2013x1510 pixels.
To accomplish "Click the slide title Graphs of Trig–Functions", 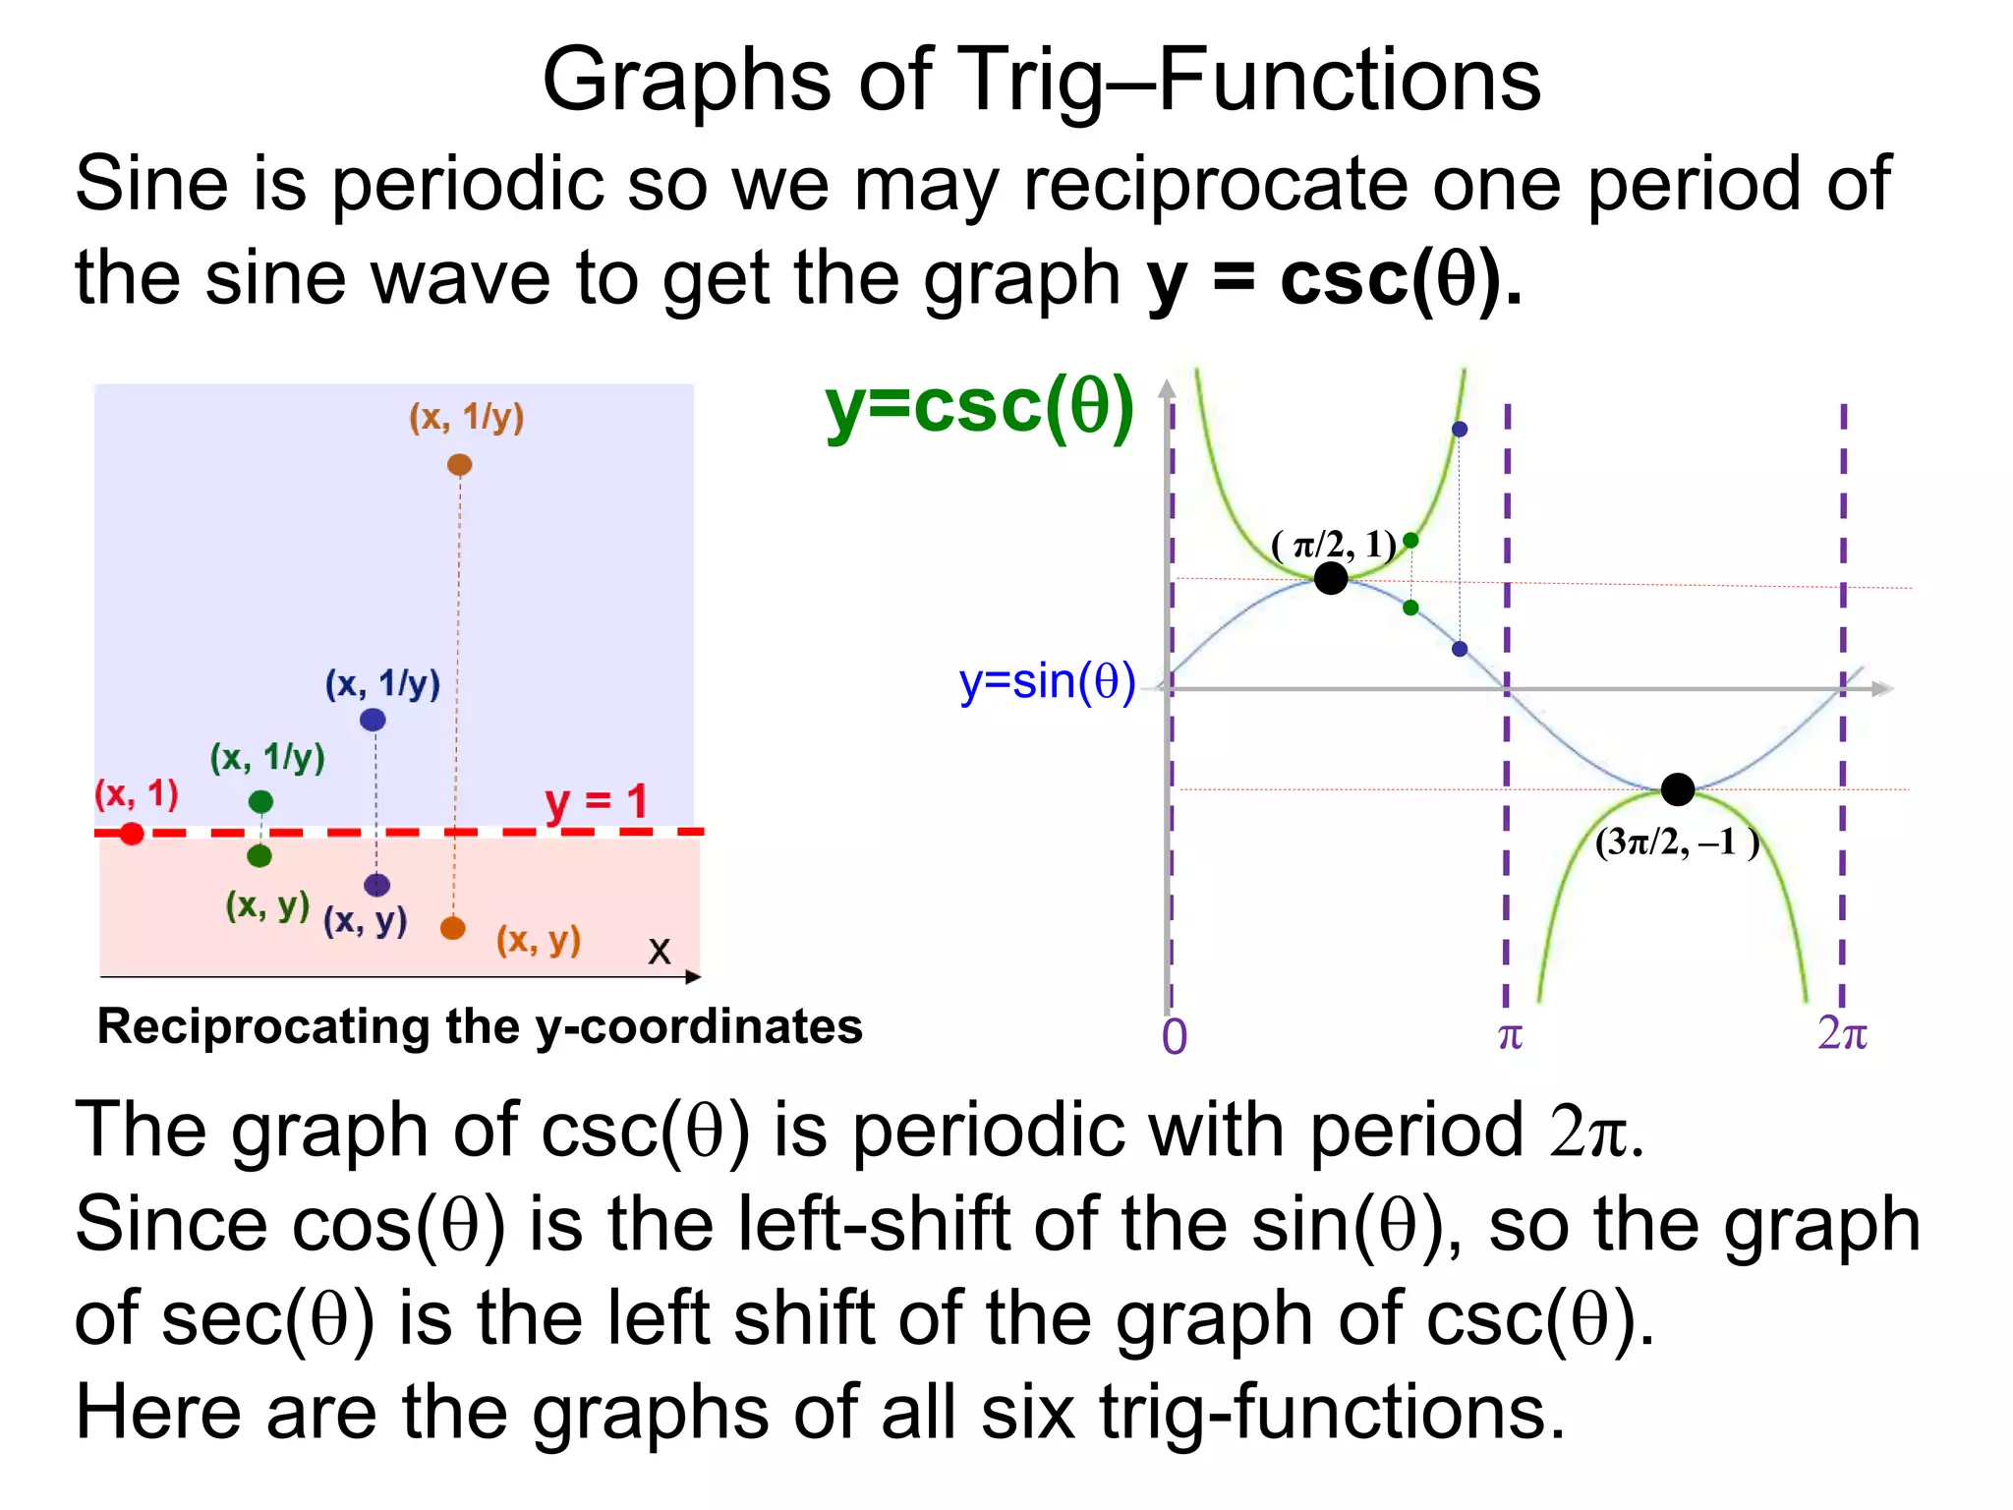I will click(1041, 81).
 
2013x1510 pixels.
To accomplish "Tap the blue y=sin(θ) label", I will click(1047, 681).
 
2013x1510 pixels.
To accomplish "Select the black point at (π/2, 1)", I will click(1331, 577).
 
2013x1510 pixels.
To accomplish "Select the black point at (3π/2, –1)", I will click(1678, 788).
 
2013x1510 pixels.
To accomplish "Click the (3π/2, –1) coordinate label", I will click(1677, 842).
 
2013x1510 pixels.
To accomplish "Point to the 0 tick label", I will click(1175, 1037).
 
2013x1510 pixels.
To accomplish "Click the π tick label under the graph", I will click(1510, 1035).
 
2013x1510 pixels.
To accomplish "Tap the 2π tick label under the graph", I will click(1842, 1033).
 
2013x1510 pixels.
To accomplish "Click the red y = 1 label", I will click(597, 801).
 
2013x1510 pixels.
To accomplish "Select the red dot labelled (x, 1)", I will click(132, 834).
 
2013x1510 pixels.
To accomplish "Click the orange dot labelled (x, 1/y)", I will click(459, 465).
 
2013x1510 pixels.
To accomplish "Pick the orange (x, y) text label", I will click(539, 940).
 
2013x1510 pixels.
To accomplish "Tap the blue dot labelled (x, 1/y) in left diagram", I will click(373, 720).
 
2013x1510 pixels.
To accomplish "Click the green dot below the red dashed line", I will click(259, 856).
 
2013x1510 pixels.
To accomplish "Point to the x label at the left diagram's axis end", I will click(660, 950).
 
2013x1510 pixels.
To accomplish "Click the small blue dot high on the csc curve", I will click(1460, 430).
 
